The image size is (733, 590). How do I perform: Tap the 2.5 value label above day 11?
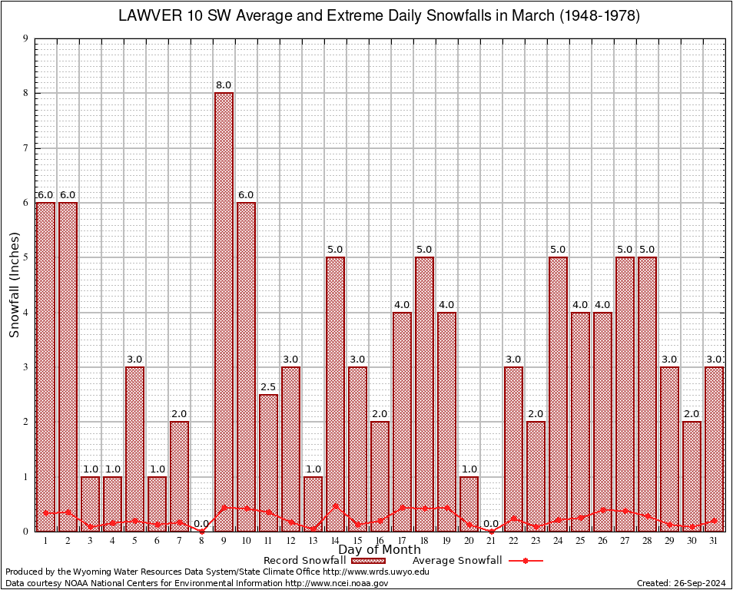[268, 386]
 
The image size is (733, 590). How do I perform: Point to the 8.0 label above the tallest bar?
[224, 85]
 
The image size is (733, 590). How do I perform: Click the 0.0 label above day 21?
[491, 523]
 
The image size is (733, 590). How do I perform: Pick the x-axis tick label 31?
[714, 541]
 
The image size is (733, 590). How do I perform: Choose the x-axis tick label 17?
[402, 541]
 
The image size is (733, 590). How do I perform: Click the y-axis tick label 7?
[26, 147]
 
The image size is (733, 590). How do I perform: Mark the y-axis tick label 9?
[26, 38]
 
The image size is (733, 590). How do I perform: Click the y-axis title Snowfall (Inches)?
[14, 284]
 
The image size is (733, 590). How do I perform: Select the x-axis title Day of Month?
[380, 550]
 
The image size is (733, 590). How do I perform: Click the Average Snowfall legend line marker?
[525, 561]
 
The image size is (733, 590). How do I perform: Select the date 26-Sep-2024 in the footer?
[701, 583]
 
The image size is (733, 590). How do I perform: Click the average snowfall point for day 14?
[335, 506]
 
